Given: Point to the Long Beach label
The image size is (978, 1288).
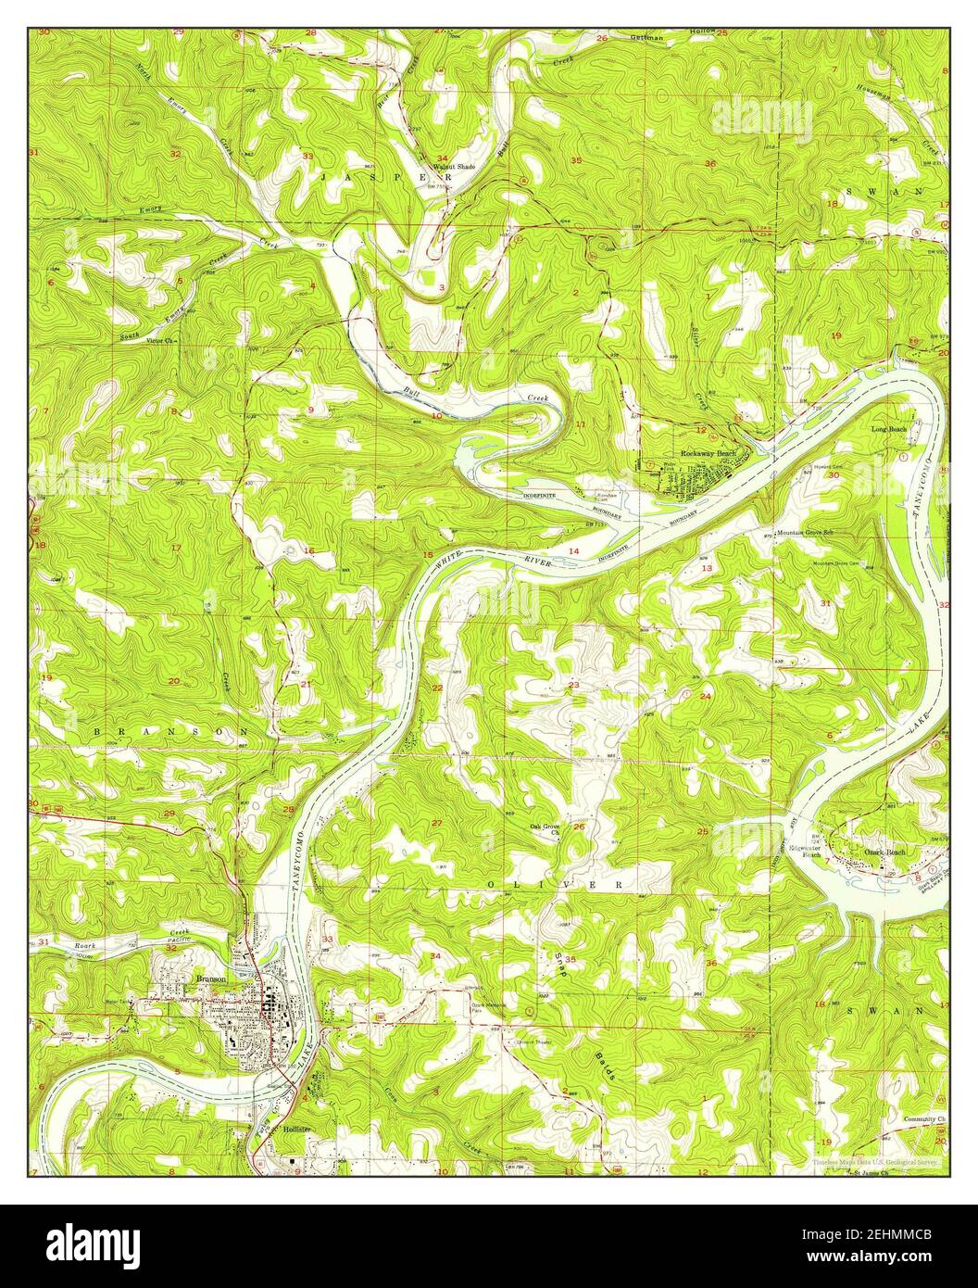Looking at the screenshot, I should (x=888, y=430).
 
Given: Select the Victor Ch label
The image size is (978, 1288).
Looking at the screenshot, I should (x=139, y=340).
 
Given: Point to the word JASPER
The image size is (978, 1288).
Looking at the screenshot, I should (x=385, y=175).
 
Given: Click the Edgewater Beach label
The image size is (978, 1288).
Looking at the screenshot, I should (x=804, y=851).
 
